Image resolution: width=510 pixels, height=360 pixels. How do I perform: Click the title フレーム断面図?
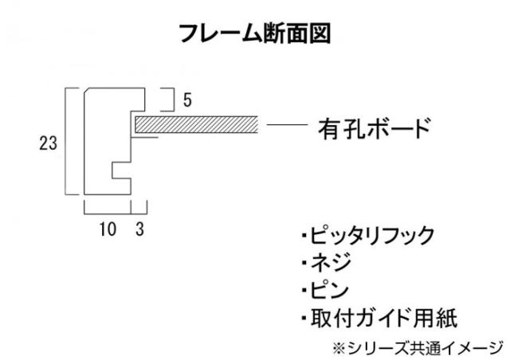click(x=254, y=33)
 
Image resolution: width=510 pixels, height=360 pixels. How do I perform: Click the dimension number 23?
click(x=47, y=143)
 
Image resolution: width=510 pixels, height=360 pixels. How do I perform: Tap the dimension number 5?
click(x=186, y=100)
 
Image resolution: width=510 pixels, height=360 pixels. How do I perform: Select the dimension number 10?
click(x=108, y=230)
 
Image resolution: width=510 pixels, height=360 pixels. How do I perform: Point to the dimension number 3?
click(x=140, y=230)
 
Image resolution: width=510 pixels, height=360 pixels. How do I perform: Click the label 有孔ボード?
click(x=374, y=127)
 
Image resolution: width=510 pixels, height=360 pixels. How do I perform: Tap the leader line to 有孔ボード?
click(x=286, y=125)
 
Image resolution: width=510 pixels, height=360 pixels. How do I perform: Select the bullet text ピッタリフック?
click(x=367, y=236)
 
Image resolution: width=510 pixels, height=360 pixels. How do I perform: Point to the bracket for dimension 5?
click(x=170, y=100)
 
